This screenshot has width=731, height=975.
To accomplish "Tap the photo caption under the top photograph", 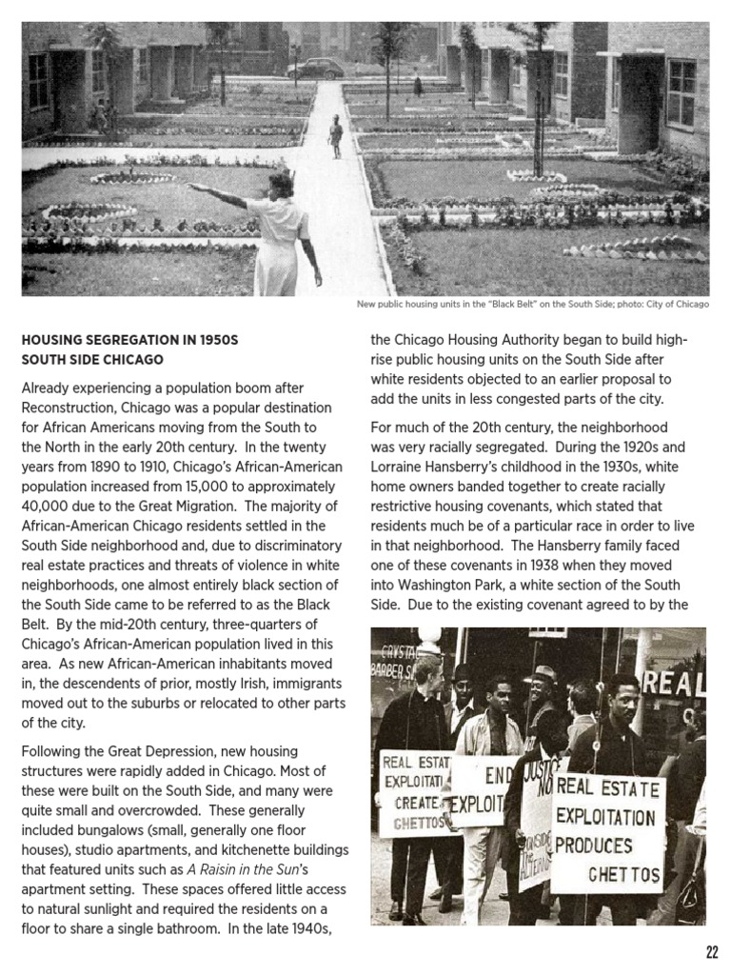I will (532, 305).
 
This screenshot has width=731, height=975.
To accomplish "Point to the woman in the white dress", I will (283, 238).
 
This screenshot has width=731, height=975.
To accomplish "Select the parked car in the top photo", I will (315, 68).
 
